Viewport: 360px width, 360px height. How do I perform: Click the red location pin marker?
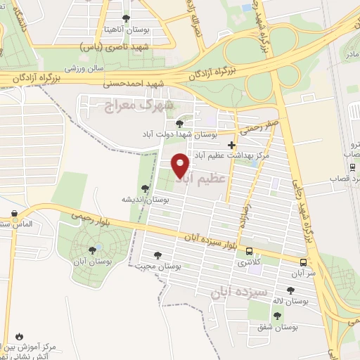tap(181, 165)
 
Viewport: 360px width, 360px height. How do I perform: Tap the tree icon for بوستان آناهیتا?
tap(126, 19)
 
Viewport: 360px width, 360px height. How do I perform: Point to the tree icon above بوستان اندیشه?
tap(144, 188)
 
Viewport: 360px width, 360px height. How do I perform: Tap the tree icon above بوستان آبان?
tap(92, 250)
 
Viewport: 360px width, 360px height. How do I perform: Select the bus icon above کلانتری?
tap(250, 251)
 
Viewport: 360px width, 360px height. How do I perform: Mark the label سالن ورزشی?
tap(85, 68)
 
